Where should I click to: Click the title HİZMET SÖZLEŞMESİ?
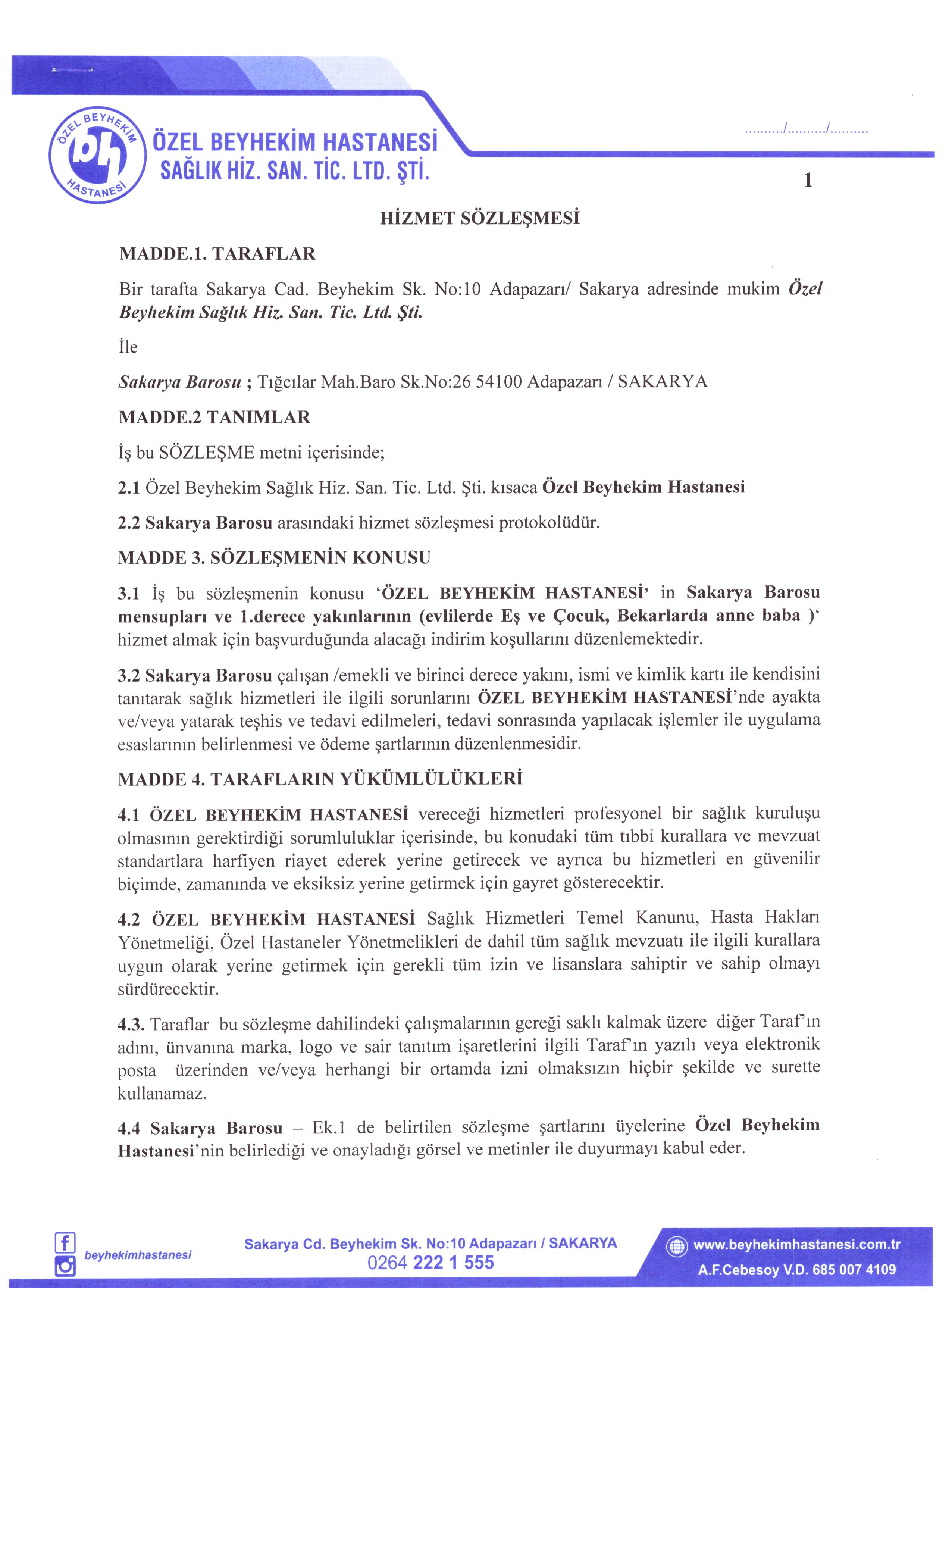click(x=479, y=219)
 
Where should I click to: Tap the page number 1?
click(x=808, y=181)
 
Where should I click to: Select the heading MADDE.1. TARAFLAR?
click(x=217, y=254)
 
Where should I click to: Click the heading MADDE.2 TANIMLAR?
click(x=214, y=418)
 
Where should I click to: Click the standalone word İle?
click(x=128, y=347)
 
